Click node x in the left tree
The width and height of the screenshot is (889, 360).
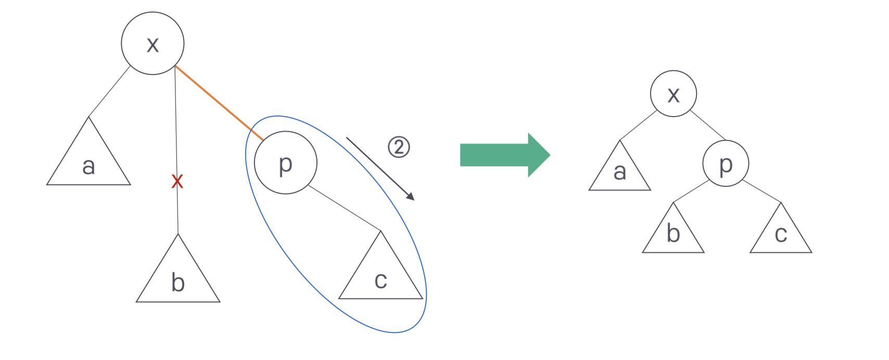(153, 43)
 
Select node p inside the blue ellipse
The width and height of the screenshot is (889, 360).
(285, 163)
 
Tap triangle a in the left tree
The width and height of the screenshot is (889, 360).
(88, 161)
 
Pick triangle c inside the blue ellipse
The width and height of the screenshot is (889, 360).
(380, 276)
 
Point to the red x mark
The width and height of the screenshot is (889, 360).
(177, 181)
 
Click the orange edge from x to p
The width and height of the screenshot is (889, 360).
(219, 103)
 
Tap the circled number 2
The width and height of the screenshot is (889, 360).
(399, 147)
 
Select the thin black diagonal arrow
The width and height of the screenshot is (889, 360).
(380, 169)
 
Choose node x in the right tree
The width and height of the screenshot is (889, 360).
(674, 94)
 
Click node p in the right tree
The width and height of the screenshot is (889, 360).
(726, 163)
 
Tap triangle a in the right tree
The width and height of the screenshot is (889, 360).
(619, 172)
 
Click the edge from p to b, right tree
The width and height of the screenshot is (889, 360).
(691, 191)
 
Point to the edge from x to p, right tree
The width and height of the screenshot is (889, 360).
(708, 125)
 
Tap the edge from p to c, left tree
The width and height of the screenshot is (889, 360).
(344, 208)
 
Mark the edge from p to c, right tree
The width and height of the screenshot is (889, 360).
(762, 191)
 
